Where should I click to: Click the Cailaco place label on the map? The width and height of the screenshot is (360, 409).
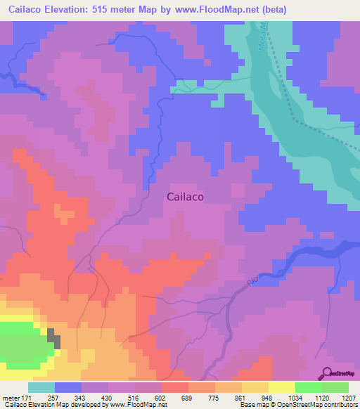click(x=186, y=197)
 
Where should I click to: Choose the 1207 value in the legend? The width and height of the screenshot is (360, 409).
click(x=349, y=398)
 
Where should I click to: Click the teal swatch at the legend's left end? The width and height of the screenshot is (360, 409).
click(x=41, y=387)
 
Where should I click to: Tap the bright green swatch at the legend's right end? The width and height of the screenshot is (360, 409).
click(x=335, y=387)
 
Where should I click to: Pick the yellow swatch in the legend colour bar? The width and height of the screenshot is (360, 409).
click(x=282, y=387)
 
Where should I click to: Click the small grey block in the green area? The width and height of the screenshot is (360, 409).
click(x=53, y=338)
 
